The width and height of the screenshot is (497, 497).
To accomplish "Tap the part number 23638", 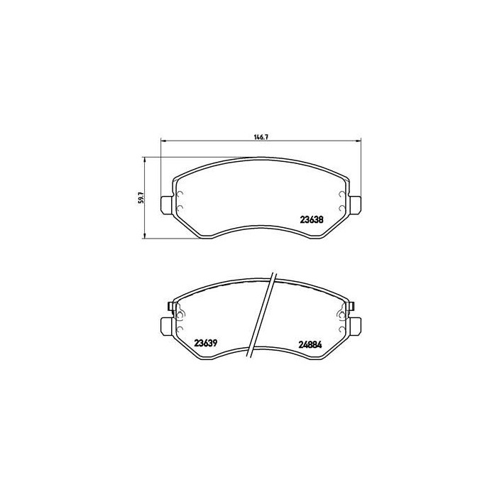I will click(312, 220).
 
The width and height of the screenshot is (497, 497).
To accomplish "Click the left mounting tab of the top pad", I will click(165, 203).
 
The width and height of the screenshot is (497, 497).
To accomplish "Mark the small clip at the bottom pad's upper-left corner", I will click(171, 307).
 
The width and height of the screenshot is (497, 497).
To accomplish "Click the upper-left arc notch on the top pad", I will click(179, 197).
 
